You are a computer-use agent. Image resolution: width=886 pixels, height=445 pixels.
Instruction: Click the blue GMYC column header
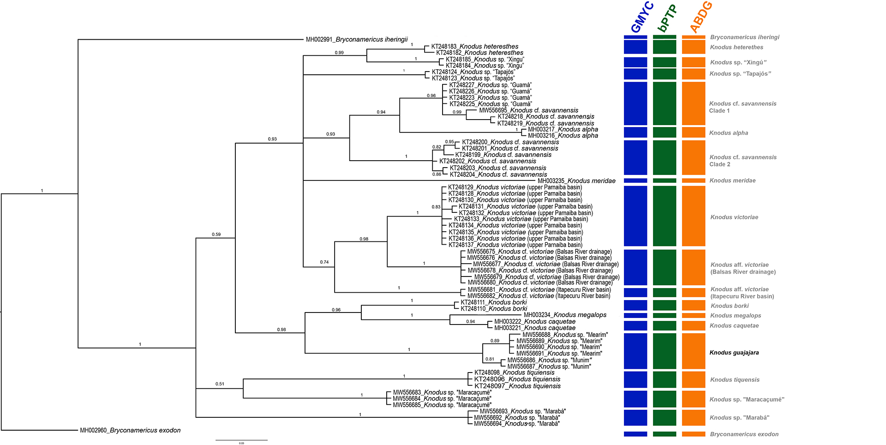pos(642,18)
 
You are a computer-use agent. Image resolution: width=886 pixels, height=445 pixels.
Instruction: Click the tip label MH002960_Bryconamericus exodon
pos(130,430)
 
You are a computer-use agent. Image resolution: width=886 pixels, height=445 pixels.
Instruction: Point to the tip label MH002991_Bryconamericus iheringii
pos(357,40)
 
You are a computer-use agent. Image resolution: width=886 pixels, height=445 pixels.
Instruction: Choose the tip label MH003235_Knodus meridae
pos(576,181)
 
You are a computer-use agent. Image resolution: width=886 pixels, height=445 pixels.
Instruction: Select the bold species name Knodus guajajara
pos(734,353)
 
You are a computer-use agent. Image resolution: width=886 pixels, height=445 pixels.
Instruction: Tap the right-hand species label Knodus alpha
pos(728,133)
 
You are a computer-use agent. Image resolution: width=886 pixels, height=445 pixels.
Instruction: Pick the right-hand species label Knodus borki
pos(729,306)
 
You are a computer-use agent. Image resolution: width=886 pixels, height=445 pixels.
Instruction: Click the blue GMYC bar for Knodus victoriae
pos(635,216)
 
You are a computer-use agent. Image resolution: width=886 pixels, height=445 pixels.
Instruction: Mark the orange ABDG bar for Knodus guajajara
pos(694,351)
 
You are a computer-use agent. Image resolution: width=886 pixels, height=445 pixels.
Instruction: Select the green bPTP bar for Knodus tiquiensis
pos(664,379)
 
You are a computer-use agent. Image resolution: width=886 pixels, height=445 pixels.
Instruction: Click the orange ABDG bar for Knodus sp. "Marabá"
pos(694,418)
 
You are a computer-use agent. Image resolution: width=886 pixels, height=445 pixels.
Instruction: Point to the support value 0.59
pos(216,235)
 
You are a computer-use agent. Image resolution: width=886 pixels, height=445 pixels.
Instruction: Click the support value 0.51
pos(220,384)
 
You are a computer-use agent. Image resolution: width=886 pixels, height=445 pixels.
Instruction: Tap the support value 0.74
pos(324,262)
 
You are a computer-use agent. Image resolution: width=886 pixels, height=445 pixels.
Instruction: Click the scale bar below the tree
pos(241,440)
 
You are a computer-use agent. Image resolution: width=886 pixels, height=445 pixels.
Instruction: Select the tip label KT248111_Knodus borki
pos(493,302)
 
